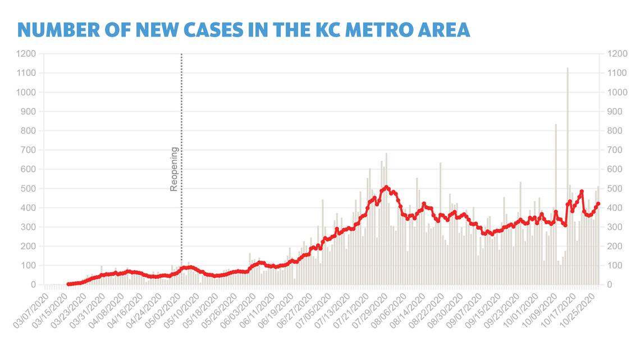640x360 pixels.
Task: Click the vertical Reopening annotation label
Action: pos(174,169)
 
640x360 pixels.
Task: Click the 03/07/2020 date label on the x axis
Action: pos(31,307)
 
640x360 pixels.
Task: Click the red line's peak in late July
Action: pos(386,188)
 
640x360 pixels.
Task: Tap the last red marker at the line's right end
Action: pos(598,204)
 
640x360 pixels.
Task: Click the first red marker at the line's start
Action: pos(68,284)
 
